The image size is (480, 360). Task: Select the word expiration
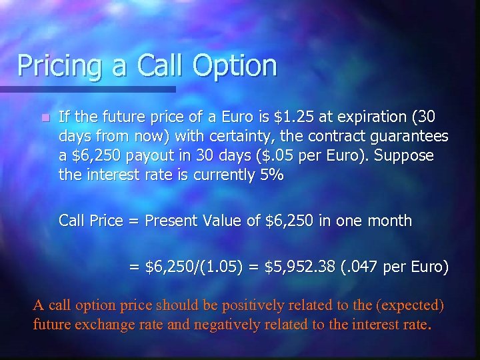[x=361, y=118]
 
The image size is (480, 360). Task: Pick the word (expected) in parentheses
[x=411, y=306]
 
